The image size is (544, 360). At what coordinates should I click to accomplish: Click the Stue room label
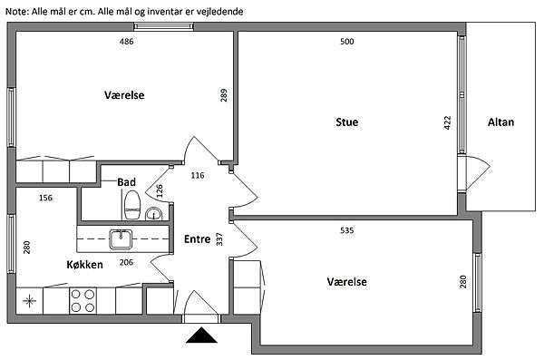(347, 122)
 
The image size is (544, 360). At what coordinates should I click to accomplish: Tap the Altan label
(500, 122)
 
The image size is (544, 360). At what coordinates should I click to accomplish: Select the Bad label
(126, 182)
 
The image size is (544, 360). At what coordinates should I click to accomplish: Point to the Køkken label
(84, 265)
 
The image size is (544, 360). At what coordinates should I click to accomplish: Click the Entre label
(197, 239)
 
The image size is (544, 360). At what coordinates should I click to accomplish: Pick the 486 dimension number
(126, 42)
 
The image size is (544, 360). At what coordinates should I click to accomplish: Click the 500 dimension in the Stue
(347, 42)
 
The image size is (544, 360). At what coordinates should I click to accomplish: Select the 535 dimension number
(347, 230)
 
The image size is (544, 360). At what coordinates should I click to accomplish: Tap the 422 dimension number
(448, 123)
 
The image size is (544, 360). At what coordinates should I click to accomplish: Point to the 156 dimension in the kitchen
(45, 198)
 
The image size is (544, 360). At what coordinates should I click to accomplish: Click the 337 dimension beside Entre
(219, 239)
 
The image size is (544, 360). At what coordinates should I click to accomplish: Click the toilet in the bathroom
(132, 206)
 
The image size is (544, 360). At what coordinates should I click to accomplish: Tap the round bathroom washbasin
(153, 213)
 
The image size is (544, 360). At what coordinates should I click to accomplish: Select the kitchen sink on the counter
(121, 239)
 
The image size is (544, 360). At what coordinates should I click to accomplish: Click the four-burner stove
(83, 301)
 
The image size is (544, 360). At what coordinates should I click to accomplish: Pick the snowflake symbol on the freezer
(30, 301)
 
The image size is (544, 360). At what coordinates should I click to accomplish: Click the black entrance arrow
(201, 336)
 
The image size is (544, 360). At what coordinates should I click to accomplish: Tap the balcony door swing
(474, 173)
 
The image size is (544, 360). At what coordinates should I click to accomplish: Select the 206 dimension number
(126, 262)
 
